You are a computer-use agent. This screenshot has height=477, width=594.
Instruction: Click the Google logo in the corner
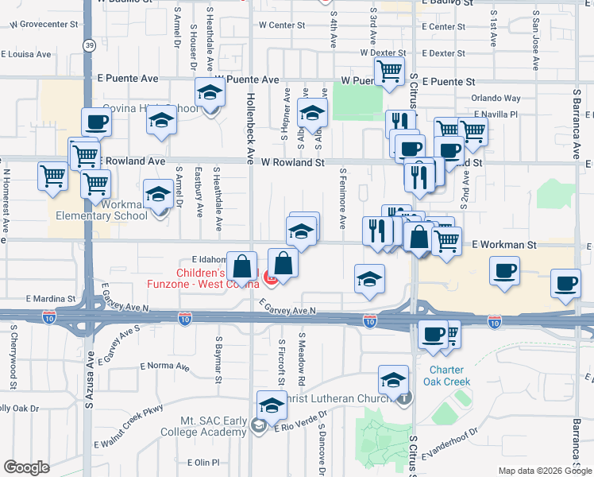[x=26, y=467]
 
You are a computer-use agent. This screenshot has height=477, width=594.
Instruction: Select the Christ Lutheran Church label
[x=341, y=398]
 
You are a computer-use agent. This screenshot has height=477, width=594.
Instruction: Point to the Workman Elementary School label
[x=102, y=210]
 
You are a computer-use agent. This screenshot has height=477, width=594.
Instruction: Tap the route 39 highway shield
[x=89, y=45]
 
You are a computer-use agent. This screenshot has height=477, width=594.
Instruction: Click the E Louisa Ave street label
[x=26, y=55]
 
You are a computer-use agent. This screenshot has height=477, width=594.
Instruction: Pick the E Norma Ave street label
[x=165, y=367]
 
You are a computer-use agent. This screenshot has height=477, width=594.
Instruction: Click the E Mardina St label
[x=50, y=299]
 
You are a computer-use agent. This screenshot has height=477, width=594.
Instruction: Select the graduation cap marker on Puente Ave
[x=210, y=94]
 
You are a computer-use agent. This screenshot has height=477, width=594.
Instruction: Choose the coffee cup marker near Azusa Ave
[x=97, y=122]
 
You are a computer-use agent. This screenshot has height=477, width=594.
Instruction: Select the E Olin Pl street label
[x=203, y=463]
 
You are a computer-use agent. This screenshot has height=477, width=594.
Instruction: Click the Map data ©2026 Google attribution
[x=544, y=471]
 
